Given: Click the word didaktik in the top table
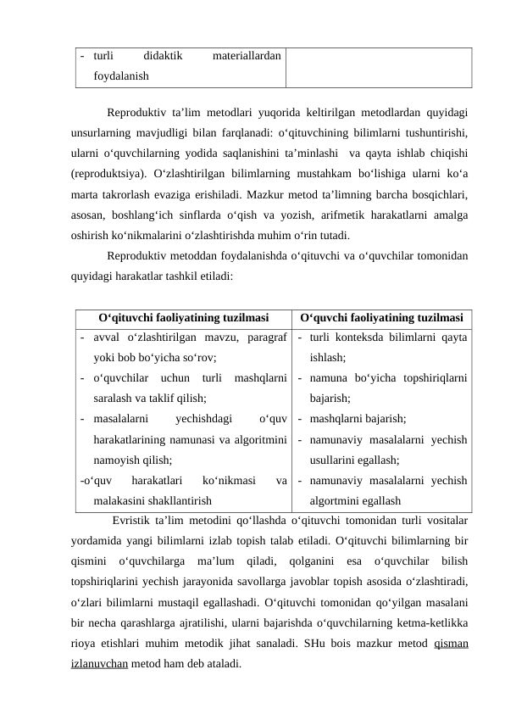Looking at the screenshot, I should click(164, 56).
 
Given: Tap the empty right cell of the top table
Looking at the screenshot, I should click(378, 66).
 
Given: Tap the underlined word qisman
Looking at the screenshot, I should click(451, 642).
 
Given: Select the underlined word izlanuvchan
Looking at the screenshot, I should click(100, 662).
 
